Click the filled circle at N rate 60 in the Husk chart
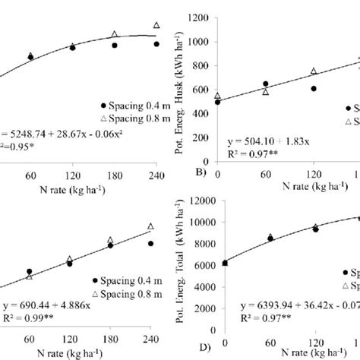266,84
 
